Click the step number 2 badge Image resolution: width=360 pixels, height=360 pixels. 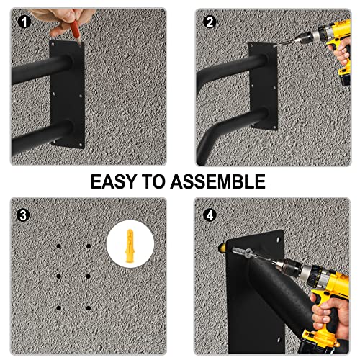(x=210, y=22)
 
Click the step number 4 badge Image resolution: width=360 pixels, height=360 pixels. (x=210, y=213)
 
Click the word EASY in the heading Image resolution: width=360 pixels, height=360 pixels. (x=119, y=181)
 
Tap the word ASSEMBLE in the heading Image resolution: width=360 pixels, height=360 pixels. (x=220, y=181)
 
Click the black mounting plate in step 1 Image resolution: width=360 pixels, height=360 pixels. (x=66, y=94)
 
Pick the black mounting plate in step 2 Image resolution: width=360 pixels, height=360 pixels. (x=258, y=94)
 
